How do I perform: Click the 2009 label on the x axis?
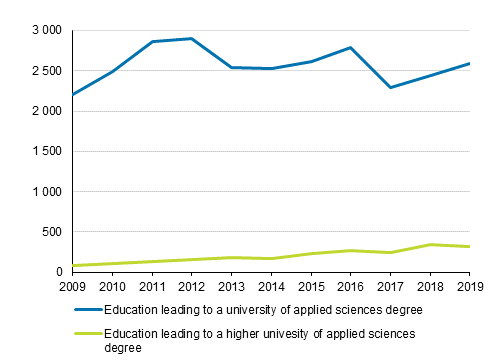point(72,288)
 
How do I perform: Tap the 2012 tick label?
point(190,288)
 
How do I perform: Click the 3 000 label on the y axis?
point(47,31)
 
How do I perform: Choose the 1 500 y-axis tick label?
point(47,152)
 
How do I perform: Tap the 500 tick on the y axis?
point(52,232)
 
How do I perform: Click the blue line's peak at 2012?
point(190,39)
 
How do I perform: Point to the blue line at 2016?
point(349,48)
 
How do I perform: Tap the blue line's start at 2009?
point(72,95)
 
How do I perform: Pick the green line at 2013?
point(230,257)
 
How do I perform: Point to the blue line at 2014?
point(270,68)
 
